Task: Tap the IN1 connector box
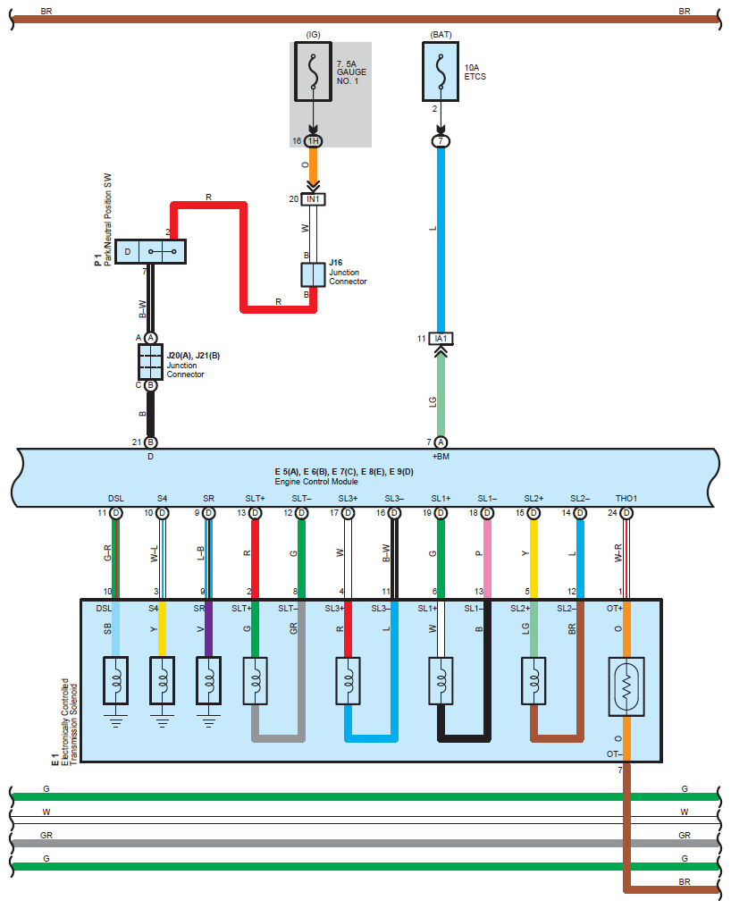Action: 313,199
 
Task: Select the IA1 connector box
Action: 441,339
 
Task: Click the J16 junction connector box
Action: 313,274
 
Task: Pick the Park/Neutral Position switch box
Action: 150,252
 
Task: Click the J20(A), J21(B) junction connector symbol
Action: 150,362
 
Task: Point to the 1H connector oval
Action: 313,141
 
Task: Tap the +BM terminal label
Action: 441,456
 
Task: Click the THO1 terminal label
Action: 626,498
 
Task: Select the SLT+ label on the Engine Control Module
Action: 255,498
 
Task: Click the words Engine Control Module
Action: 316,481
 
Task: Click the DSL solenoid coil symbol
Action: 115,678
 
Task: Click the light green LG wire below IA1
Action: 441,393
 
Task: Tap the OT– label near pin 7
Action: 612,754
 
